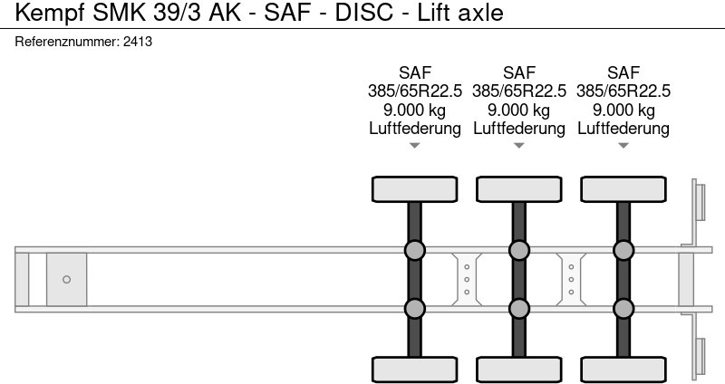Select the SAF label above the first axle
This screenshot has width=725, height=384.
click(x=415, y=72)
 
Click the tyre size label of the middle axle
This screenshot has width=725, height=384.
click(x=519, y=91)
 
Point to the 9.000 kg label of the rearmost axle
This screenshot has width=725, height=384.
click(x=623, y=110)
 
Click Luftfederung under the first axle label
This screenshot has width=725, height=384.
click(x=415, y=129)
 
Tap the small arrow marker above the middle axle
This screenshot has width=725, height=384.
click(x=519, y=145)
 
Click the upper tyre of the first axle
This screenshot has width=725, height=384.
click(x=414, y=189)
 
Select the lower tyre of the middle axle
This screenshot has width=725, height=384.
click(x=518, y=369)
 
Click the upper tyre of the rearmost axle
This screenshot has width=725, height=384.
click(x=623, y=189)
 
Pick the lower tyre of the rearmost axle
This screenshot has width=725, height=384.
click(x=623, y=369)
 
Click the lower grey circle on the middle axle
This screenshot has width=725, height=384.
click(x=518, y=309)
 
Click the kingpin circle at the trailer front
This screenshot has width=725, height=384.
click(x=66, y=279)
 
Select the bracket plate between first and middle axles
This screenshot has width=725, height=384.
click(x=467, y=279)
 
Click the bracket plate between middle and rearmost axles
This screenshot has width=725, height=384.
click(x=571, y=279)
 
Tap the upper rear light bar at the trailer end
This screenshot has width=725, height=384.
click(x=700, y=200)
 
